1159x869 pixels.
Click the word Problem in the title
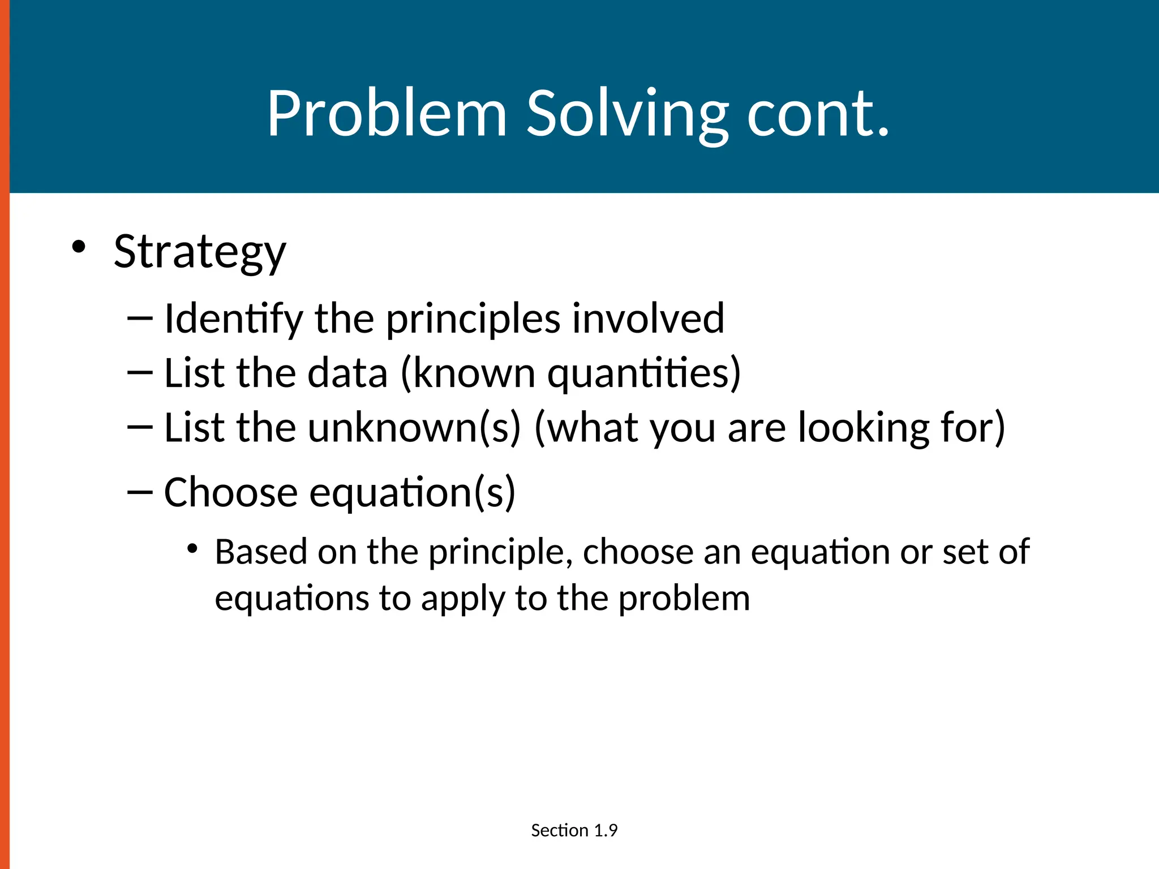[387, 114]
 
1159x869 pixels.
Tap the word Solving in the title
[627, 114]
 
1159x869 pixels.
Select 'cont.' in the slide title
[818, 114]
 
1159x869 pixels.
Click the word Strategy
[200, 252]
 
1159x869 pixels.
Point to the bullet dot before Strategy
[79, 247]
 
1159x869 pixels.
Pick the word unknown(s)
[414, 428]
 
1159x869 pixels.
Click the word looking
[863, 428]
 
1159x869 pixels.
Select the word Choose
[230, 493]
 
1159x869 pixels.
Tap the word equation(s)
[413, 493]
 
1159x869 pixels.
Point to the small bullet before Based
[192, 548]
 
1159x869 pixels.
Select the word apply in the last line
[462, 599]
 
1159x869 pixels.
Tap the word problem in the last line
[684, 599]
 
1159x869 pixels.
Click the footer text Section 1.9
[574, 831]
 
